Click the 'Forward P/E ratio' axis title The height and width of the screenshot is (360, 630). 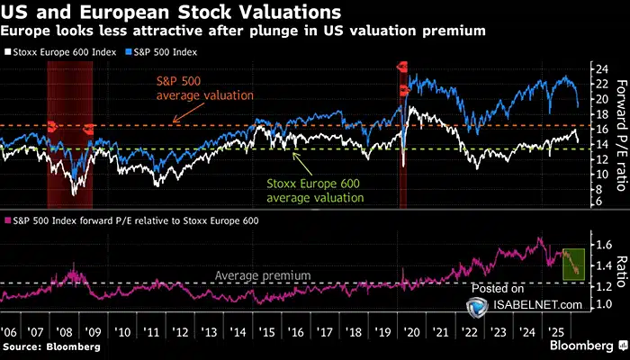pos(619,135)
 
